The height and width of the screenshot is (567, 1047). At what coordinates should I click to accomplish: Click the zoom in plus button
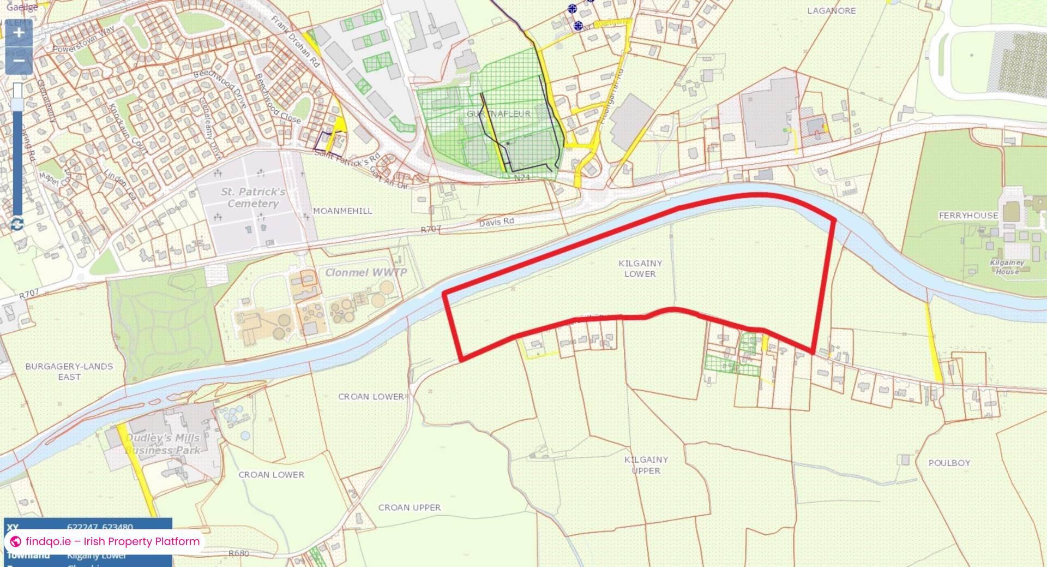click(x=19, y=33)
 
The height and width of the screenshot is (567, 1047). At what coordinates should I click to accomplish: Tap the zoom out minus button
click(x=19, y=60)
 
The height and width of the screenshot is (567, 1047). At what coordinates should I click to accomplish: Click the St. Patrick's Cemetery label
click(x=253, y=198)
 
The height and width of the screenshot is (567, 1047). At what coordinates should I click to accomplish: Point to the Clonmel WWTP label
click(x=366, y=272)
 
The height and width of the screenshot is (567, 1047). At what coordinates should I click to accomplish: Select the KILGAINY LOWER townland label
click(x=640, y=268)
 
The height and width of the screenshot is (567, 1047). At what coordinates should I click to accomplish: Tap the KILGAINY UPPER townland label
click(x=646, y=465)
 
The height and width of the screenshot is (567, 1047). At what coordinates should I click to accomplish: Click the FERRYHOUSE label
click(x=968, y=216)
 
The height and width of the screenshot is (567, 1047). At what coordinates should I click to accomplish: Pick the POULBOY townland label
click(x=949, y=463)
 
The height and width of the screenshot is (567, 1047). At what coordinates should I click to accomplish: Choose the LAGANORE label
click(x=831, y=11)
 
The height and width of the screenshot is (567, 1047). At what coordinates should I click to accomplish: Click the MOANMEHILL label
click(x=342, y=211)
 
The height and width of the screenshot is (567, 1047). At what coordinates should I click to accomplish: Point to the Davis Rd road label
click(x=496, y=222)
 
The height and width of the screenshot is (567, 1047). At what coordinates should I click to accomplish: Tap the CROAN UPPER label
click(x=410, y=508)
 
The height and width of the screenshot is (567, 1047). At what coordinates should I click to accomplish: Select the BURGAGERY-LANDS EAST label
click(x=69, y=372)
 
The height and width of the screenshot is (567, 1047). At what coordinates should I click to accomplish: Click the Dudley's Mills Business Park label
click(x=163, y=444)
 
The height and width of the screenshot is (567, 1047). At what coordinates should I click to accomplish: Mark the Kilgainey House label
click(x=1007, y=267)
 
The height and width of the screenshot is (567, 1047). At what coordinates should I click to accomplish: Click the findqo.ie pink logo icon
click(x=16, y=541)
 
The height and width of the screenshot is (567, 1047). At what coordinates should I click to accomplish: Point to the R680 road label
click(x=239, y=553)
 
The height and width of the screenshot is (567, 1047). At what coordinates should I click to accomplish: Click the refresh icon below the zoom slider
click(x=17, y=224)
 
